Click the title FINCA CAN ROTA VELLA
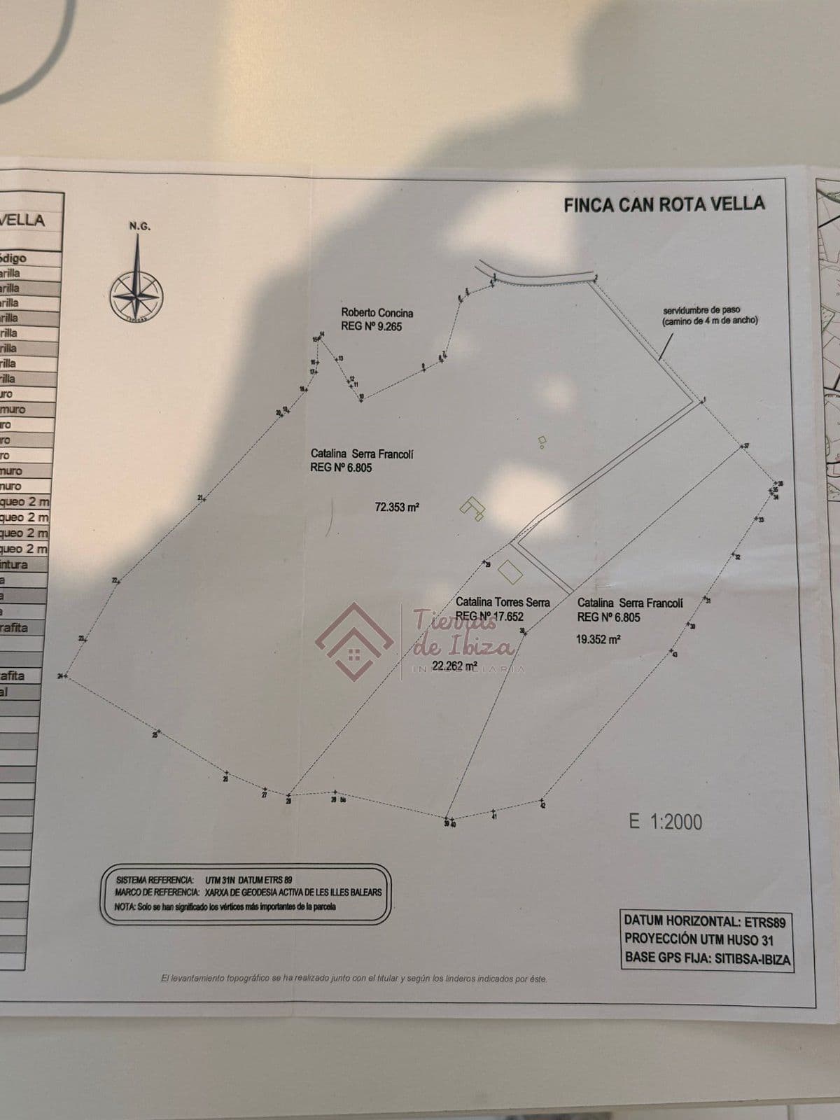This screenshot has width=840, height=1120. (664, 204)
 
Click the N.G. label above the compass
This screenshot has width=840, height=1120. (139, 226)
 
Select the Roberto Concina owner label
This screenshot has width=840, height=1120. (377, 313)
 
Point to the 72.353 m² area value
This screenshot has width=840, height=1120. (397, 507)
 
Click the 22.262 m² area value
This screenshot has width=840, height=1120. (454, 666)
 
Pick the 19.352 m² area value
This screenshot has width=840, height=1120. (598, 639)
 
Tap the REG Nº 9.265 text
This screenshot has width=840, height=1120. (371, 327)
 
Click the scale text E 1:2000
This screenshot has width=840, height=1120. (665, 821)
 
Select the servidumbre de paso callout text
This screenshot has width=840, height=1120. (710, 315)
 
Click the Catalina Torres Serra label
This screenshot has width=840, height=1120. (502, 602)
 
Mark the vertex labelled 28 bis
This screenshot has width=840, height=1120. (335, 793)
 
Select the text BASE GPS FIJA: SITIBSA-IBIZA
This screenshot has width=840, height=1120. (707, 959)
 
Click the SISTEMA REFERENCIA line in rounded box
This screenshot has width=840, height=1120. (204, 879)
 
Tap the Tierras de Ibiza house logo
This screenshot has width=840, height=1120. (354, 641)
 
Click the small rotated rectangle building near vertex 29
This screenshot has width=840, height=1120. (510, 570)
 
